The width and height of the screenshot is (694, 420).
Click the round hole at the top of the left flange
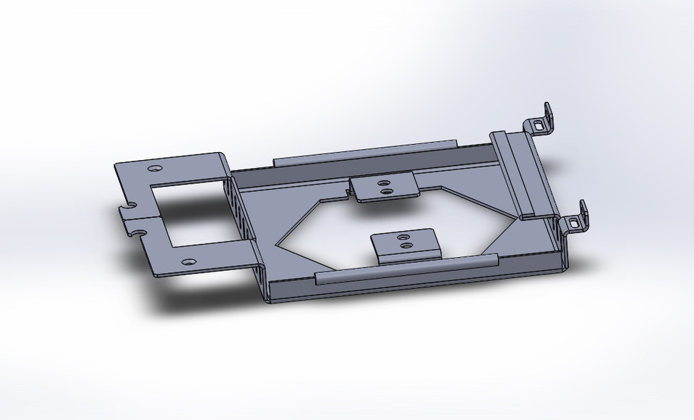154,168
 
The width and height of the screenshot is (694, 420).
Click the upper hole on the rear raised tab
385,182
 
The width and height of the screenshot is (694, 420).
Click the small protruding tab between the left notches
124,217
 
